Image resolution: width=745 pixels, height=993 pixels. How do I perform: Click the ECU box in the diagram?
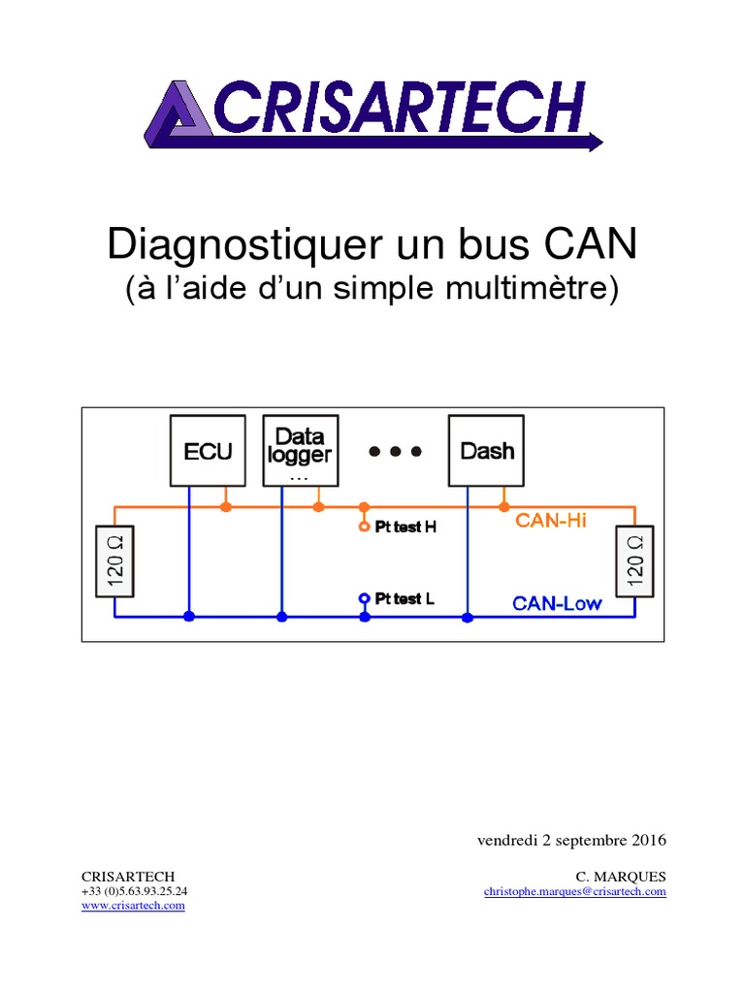(209, 451)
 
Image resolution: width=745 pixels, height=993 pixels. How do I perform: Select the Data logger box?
(301, 451)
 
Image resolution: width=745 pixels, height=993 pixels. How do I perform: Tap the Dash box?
(486, 451)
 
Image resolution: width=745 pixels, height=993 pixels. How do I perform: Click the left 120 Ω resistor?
(114, 561)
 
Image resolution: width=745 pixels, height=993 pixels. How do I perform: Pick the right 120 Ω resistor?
(635, 561)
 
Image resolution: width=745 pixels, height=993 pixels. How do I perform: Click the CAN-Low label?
(557, 603)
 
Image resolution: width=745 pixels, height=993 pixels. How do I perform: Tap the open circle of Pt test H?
(364, 528)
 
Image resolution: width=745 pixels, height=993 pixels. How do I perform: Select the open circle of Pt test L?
(364, 598)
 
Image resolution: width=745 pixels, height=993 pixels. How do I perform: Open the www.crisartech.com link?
(132, 905)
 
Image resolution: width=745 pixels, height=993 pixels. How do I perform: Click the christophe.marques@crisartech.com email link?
(574, 891)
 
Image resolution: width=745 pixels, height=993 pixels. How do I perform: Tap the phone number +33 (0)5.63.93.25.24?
(134, 891)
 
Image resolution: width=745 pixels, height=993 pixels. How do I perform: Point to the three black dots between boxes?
(395, 451)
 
